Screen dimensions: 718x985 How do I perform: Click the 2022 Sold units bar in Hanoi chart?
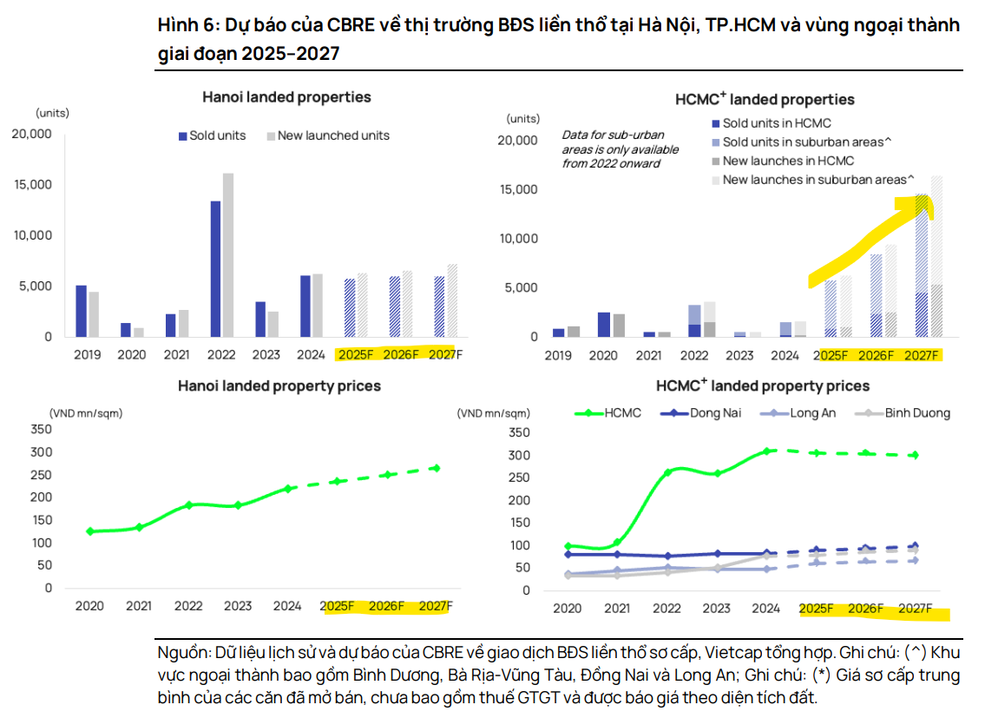[215, 268]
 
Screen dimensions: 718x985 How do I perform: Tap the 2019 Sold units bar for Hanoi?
[81, 310]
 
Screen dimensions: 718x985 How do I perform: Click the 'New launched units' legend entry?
[333, 135]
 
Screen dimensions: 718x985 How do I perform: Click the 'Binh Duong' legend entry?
[917, 412]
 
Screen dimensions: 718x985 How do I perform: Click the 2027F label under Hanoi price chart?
[436, 605]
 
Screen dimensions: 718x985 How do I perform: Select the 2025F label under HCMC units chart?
[833, 355]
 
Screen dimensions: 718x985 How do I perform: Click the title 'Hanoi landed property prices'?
[279, 385]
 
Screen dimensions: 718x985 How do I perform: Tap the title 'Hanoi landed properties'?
[286, 97]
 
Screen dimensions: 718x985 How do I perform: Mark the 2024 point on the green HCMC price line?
[767, 451]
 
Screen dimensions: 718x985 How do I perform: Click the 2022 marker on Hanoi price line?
[188, 505]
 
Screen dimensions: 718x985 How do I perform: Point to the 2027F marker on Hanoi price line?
[436, 468]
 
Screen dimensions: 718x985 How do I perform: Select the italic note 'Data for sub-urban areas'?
[610, 148]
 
